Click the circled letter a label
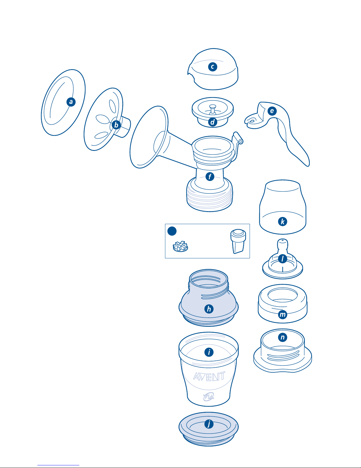coord(71,102)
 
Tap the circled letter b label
coord(116,125)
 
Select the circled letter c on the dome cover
coord(212,67)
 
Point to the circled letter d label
coord(212,122)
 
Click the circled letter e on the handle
coord(272,111)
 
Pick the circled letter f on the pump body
coord(210,177)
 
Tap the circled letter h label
coord(209,309)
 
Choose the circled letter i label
coord(209,352)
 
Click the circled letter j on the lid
coord(209,424)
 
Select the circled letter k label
coord(283,221)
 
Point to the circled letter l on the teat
coord(283,259)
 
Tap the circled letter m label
coord(283,314)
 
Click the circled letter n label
coord(283,337)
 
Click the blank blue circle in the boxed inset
coord(172,231)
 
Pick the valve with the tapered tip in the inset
coord(238,241)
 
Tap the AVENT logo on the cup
coord(209,376)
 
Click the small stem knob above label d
coord(212,107)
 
